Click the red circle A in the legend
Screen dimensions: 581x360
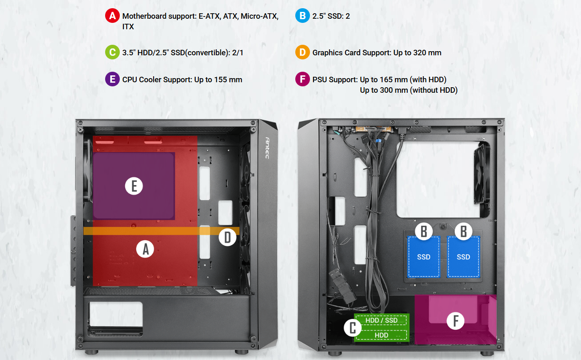pyautogui.click(x=112, y=16)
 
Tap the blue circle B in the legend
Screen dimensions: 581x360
pyautogui.click(x=303, y=16)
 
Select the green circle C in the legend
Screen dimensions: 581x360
pyautogui.click(x=112, y=52)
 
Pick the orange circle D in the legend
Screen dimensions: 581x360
pyautogui.click(x=303, y=52)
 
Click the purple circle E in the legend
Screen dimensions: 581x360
pyautogui.click(x=112, y=79)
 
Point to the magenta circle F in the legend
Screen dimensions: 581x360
pyautogui.click(x=303, y=79)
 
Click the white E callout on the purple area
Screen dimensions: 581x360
pyautogui.click(x=134, y=186)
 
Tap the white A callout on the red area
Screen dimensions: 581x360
pyautogui.click(x=145, y=249)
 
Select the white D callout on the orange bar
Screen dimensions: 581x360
pyautogui.click(x=228, y=237)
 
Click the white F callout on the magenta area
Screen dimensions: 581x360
pyautogui.click(x=455, y=321)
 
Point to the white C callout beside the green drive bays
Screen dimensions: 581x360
pyautogui.click(x=353, y=328)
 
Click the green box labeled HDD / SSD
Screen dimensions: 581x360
pyautogui.click(x=381, y=320)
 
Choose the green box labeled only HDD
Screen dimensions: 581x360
pyautogui.click(x=381, y=335)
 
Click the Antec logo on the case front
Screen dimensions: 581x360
pyautogui.click(x=267, y=148)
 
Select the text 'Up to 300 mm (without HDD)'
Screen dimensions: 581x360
pyautogui.click(x=409, y=90)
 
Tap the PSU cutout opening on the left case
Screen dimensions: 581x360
pyautogui.click(x=116, y=314)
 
